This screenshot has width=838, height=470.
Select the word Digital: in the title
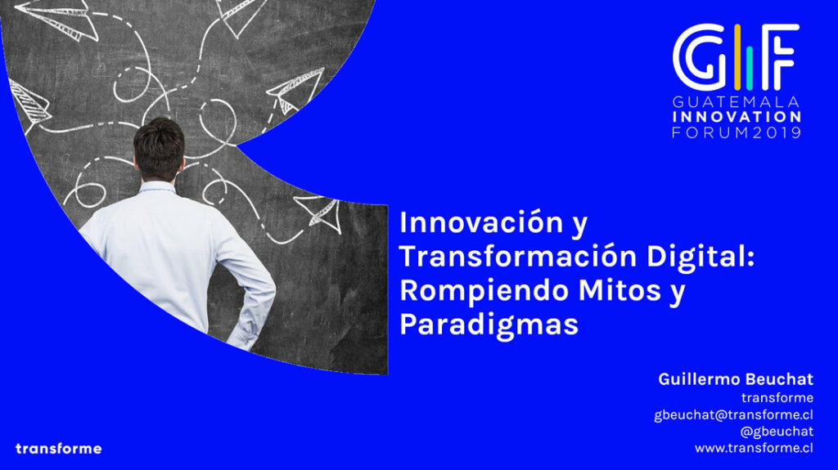click(701, 257)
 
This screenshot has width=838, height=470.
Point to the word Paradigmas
click(489, 325)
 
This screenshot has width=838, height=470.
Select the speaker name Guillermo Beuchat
click(736, 379)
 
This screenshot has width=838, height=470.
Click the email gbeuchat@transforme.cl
click(734, 415)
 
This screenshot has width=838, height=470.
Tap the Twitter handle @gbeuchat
click(777, 432)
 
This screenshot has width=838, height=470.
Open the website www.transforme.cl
click(754, 448)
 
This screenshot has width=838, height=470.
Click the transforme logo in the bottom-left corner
click(59, 449)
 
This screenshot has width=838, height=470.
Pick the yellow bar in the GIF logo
click(737, 57)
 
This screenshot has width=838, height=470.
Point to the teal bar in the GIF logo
click(750, 68)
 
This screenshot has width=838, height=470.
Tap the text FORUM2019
click(737, 132)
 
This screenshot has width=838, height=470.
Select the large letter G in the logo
click(701, 57)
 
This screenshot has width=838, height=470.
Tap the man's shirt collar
click(158, 187)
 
